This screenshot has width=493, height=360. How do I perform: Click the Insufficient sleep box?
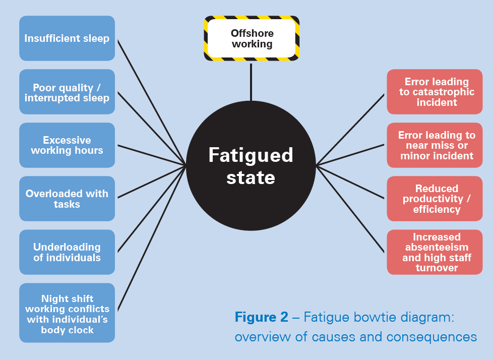point(67,38)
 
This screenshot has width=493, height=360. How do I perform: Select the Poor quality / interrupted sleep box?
point(67,92)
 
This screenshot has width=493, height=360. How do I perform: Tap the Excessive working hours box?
point(67,145)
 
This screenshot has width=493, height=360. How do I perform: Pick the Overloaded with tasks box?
point(67,199)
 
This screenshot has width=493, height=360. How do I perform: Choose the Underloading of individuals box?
point(67,252)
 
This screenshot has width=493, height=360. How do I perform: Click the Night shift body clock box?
point(67,313)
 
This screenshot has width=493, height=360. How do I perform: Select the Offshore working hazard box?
point(252,38)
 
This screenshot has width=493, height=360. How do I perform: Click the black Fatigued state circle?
point(251,166)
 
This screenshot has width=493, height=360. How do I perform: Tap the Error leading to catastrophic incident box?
point(435,92)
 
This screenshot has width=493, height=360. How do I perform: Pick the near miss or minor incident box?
point(435,145)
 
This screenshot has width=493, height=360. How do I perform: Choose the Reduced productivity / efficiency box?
point(435,199)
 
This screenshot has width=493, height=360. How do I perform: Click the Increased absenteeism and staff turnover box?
point(435,252)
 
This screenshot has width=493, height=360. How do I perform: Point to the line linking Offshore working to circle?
point(251,82)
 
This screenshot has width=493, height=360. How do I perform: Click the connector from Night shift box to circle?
point(152,238)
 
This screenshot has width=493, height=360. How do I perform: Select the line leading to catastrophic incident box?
point(350,129)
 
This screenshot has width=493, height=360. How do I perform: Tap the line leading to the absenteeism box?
point(350,209)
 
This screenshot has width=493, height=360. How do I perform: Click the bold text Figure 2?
point(261,317)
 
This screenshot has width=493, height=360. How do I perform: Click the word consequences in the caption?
point(432,337)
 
